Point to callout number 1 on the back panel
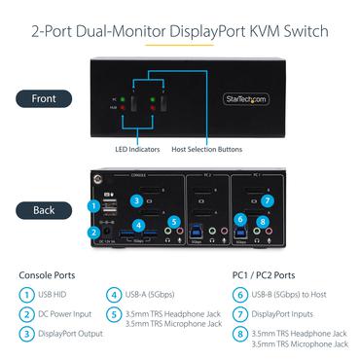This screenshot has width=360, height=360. click(93, 205)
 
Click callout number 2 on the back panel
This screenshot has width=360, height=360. click(93, 232)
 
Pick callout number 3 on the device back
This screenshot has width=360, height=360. click(137, 201)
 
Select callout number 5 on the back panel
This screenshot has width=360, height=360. click(174, 220)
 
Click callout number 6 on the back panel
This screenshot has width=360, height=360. click(241, 219)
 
